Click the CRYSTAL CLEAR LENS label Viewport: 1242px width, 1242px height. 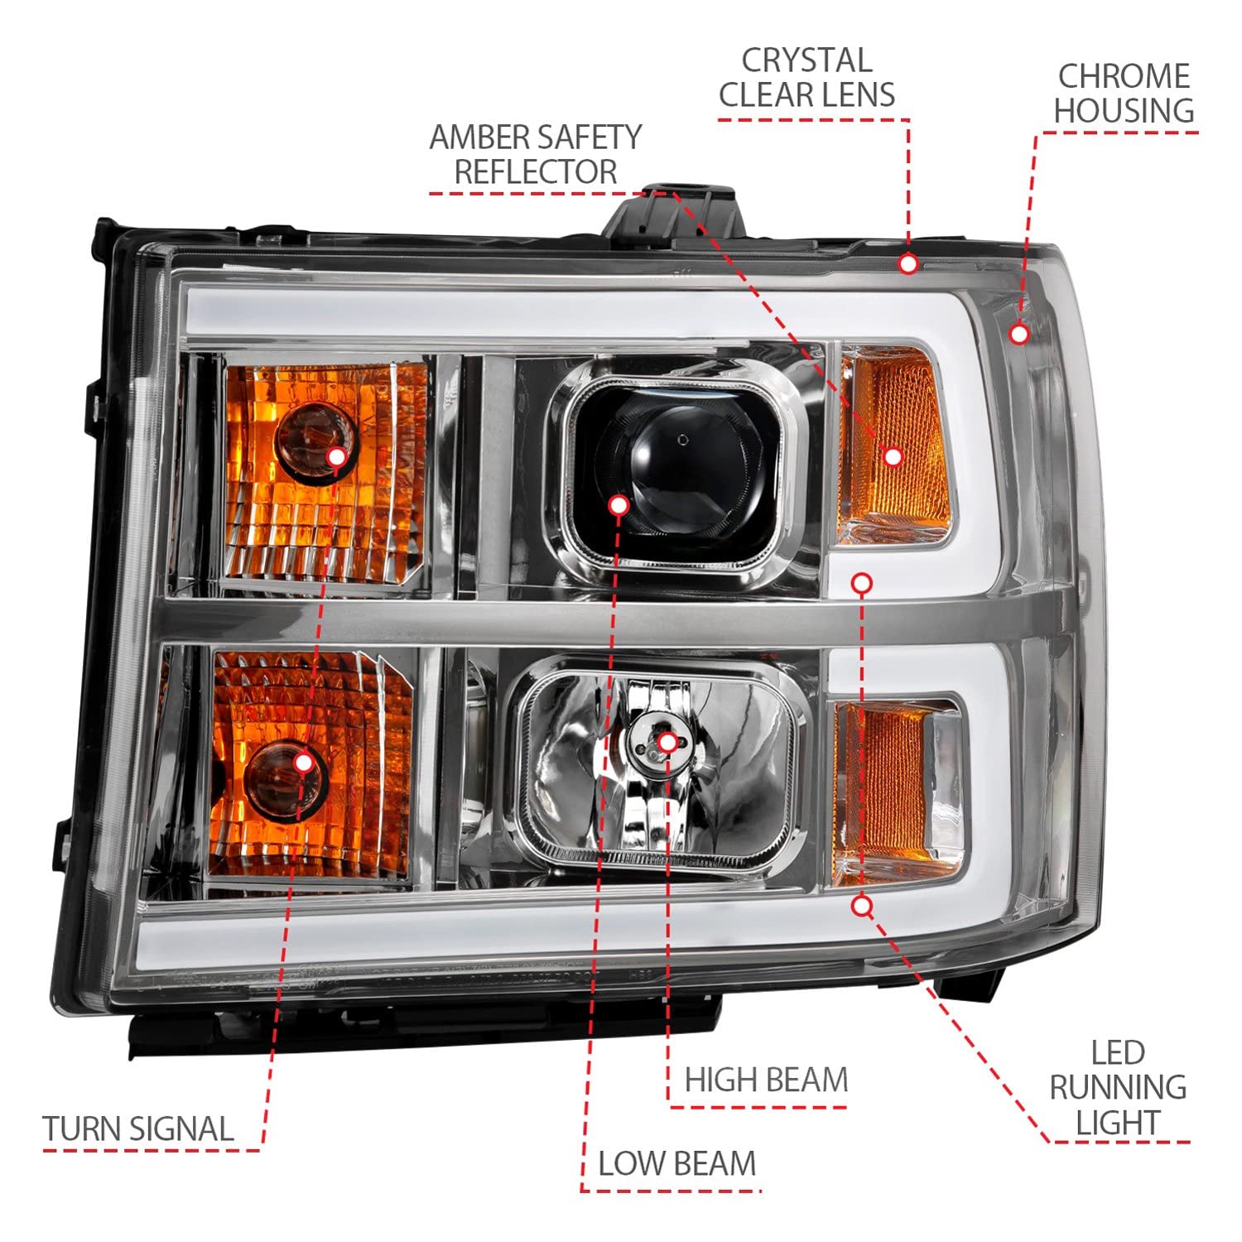807,78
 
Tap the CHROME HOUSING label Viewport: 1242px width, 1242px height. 1124,94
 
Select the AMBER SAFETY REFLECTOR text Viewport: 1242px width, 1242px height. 536,154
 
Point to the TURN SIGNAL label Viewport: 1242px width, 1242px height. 138,1129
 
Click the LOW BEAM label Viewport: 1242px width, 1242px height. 677,1163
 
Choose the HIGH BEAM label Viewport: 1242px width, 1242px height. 767,1080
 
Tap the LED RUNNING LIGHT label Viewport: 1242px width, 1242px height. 1118,1088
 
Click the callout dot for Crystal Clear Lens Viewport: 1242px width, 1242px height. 908,264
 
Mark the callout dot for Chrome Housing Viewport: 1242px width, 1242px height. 1019,334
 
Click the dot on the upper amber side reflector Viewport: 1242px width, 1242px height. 893,456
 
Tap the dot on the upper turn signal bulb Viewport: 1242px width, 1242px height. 336,456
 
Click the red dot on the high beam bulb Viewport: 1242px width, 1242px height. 667,742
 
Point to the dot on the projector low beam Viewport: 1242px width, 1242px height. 618,505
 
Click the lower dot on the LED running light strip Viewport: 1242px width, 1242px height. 862,906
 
